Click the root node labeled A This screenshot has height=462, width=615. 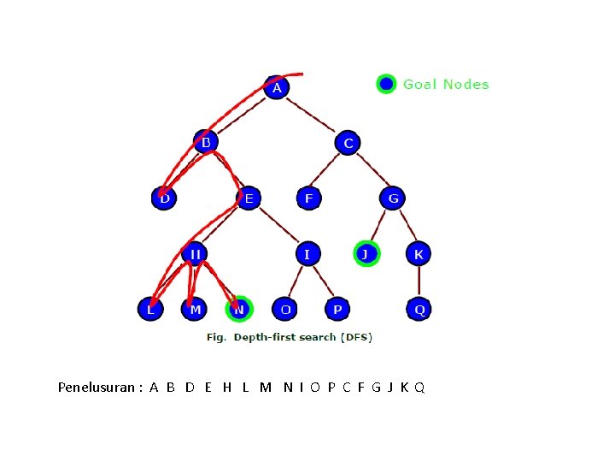pyautogui.click(x=275, y=87)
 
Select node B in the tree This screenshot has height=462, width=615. pyautogui.click(x=205, y=142)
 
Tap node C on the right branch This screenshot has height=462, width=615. pyautogui.click(x=348, y=143)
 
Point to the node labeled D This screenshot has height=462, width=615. pyautogui.click(x=164, y=198)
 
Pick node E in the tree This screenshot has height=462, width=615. pyautogui.click(x=248, y=198)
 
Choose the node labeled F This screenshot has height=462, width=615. pyautogui.click(x=308, y=198)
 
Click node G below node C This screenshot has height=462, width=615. pyautogui.click(x=393, y=198)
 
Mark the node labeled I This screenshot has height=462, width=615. pyautogui.click(x=307, y=254)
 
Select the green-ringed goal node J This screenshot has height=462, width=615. pyautogui.click(x=366, y=254)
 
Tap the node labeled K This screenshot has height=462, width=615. pyautogui.click(x=419, y=254)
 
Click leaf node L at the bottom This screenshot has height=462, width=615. pyautogui.click(x=151, y=309)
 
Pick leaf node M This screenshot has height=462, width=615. pyautogui.click(x=195, y=309)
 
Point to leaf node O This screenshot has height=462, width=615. pyautogui.click(x=284, y=309)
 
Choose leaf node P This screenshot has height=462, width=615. pyautogui.click(x=337, y=309)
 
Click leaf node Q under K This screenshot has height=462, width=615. pyautogui.click(x=419, y=309)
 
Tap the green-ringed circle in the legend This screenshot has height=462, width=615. pyautogui.click(x=386, y=84)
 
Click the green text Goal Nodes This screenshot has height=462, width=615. pyautogui.click(x=446, y=84)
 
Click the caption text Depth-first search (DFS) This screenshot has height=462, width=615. pyautogui.click(x=302, y=337)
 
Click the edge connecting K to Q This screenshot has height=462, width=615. pyautogui.click(x=419, y=281)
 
